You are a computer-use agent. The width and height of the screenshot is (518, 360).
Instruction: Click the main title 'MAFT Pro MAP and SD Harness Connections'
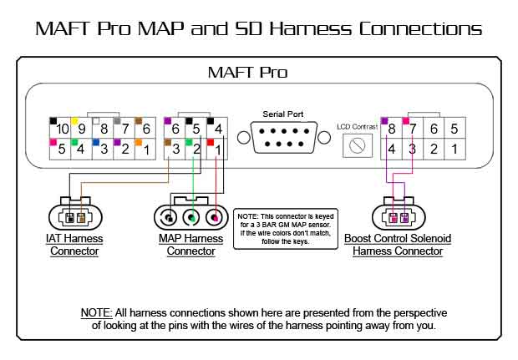point(259,28)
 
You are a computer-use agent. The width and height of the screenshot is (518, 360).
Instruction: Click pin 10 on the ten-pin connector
point(60,129)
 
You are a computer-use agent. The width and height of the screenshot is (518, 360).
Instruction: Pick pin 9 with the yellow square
point(82,129)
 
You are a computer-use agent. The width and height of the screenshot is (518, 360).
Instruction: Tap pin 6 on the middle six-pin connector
point(176,129)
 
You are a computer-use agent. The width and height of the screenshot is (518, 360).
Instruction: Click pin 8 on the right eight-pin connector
point(390,129)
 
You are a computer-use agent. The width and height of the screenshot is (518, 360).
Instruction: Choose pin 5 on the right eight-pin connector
point(454,129)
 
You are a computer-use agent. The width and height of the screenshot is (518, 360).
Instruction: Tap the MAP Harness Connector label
point(191,244)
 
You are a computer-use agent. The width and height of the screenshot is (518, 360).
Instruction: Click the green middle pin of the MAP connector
point(192,218)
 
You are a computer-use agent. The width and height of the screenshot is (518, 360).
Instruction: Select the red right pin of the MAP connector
point(217,218)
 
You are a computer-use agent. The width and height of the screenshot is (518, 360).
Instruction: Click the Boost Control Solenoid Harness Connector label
point(398,244)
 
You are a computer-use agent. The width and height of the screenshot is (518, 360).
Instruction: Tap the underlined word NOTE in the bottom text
point(96,312)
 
